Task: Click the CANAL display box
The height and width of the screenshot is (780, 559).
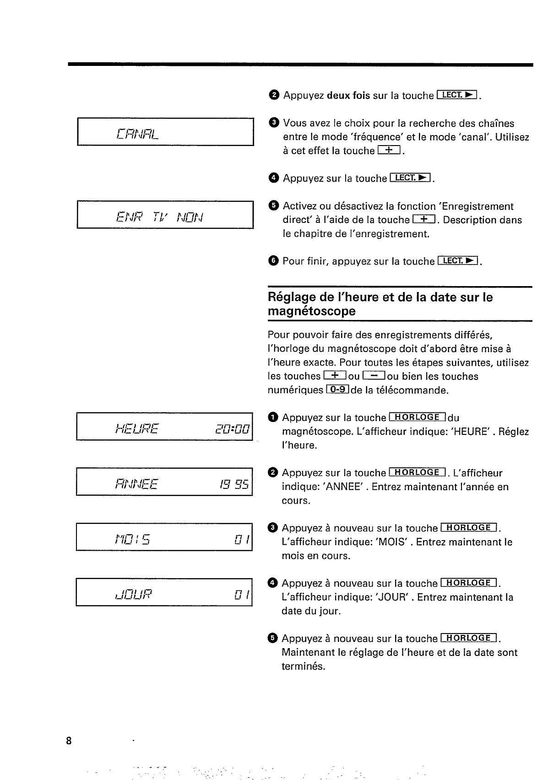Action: coord(165,132)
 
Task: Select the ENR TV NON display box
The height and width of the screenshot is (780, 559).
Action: coord(165,215)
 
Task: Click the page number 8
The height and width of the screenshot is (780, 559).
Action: coord(69,741)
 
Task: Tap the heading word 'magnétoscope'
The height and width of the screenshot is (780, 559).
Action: coord(311,312)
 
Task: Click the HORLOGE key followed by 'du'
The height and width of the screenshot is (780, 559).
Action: coord(417,417)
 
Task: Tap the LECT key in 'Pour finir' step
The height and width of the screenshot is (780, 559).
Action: coord(458,261)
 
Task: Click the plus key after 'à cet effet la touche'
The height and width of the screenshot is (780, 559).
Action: coord(389,150)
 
